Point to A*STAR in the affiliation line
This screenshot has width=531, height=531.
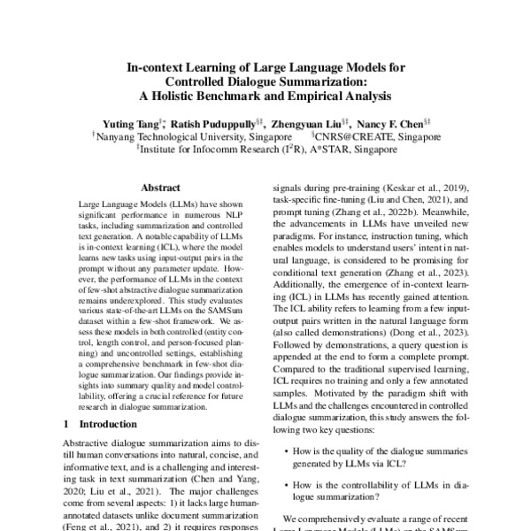coord(333,150)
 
